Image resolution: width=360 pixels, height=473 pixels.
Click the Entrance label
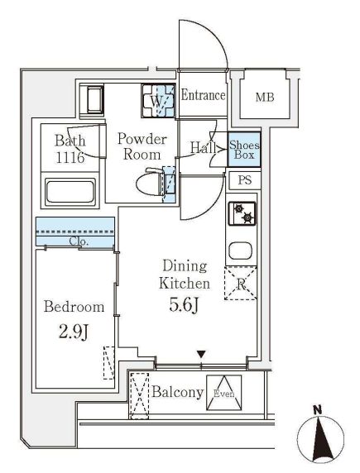[x=203, y=96]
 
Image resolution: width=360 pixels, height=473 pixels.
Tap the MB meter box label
[x=265, y=97]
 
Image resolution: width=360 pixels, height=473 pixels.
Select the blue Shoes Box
[x=244, y=150]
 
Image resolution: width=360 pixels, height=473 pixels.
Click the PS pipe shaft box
[x=245, y=180]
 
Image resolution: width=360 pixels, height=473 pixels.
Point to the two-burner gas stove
[x=242, y=213]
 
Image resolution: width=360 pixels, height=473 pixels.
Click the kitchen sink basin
[x=240, y=251]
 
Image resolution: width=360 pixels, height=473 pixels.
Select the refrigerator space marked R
[x=240, y=284]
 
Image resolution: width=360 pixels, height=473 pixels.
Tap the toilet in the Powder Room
[x=150, y=184]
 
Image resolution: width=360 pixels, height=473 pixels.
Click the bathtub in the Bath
[x=70, y=191]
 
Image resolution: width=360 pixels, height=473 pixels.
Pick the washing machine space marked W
[x=158, y=101]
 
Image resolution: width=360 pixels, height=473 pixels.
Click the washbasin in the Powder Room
[x=92, y=100]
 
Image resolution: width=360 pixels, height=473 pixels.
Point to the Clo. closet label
[x=79, y=241]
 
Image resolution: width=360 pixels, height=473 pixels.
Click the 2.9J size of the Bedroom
[x=74, y=332]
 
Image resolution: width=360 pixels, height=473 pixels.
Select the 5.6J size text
[x=184, y=306]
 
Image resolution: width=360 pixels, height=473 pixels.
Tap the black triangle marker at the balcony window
[x=201, y=354]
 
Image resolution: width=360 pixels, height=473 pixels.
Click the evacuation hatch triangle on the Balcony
[x=223, y=393]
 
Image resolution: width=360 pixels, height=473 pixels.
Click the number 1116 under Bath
[x=70, y=157]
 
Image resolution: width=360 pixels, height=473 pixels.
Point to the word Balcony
[x=178, y=392]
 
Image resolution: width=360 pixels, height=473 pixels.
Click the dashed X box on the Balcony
[x=139, y=396]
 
